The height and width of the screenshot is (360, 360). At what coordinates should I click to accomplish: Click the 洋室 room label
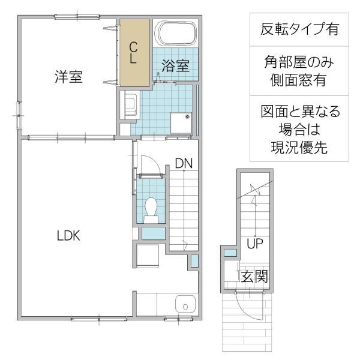(x=68, y=77)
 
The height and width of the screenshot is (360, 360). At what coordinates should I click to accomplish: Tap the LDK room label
(x=68, y=236)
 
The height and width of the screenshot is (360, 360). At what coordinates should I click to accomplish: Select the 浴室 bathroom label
(x=176, y=66)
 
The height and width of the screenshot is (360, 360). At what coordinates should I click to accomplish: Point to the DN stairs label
(x=184, y=163)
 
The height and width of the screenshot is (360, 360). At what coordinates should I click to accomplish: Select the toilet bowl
(x=150, y=209)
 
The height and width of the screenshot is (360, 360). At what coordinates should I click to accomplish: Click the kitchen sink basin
(x=185, y=306)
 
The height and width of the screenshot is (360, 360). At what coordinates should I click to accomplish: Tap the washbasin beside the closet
(x=130, y=106)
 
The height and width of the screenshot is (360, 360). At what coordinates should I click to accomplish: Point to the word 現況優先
(x=298, y=148)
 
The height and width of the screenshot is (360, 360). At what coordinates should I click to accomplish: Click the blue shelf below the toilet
(x=152, y=233)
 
